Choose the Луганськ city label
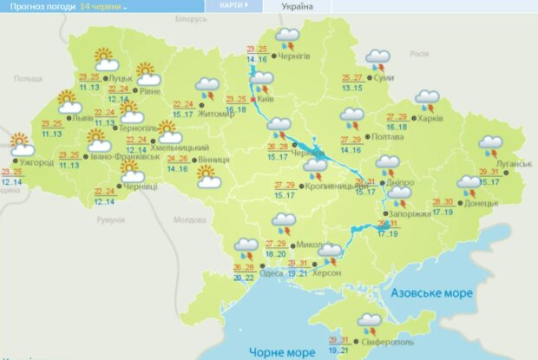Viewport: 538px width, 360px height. coord(515,164)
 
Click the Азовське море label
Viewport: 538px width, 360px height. coord(431,292)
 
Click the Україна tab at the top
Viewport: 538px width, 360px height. coord(297,6)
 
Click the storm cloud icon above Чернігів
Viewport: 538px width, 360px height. coord(286,38)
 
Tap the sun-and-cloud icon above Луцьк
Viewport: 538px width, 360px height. coord(106,62)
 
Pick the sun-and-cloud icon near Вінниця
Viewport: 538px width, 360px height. coord(209,177)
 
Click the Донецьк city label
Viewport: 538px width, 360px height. coord(481,203)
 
